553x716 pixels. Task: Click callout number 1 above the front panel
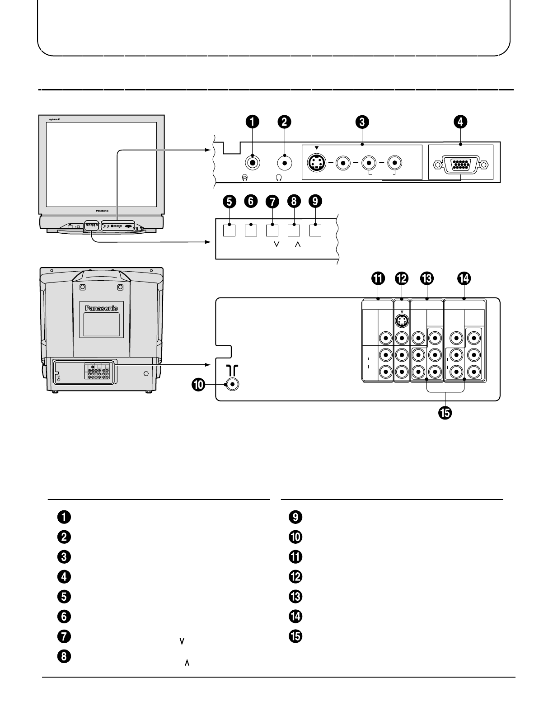(253, 122)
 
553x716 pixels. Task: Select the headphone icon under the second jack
(279, 178)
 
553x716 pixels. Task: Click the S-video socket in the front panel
(317, 163)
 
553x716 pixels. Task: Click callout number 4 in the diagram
(460, 122)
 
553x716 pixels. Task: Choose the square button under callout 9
(315, 230)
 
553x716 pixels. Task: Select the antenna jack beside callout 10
(232, 385)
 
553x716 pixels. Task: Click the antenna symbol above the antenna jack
(232, 370)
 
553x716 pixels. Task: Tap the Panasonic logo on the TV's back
(102, 308)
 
